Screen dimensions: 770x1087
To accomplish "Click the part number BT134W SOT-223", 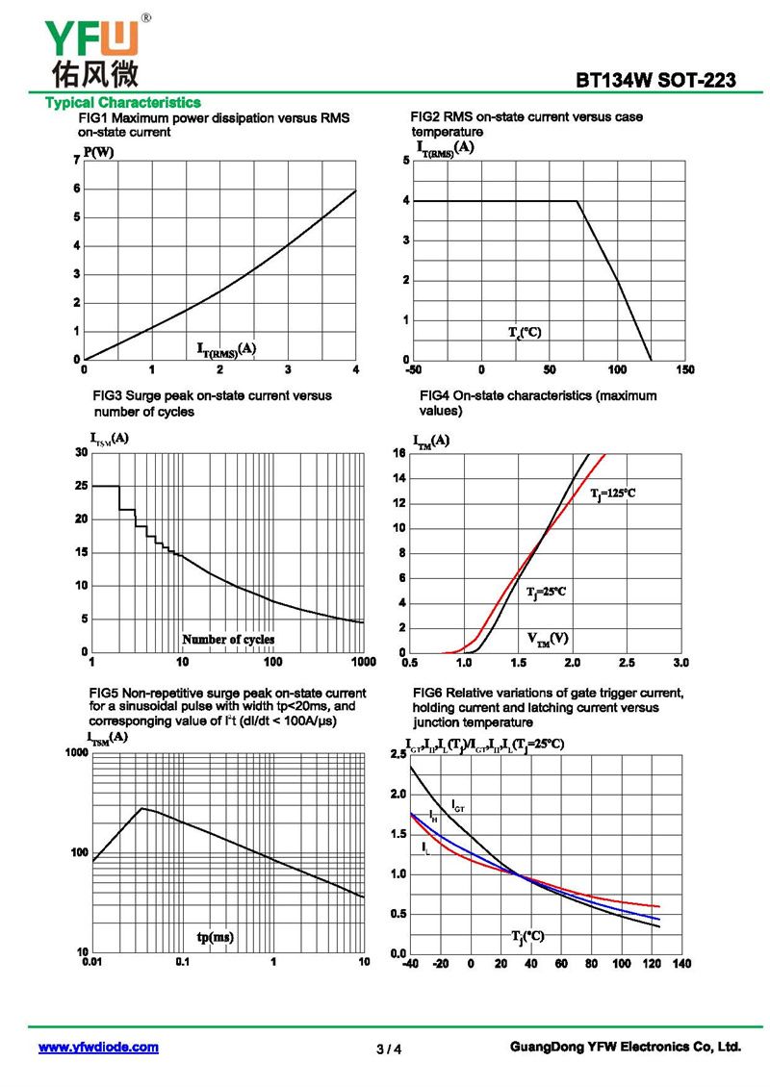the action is tap(655, 81).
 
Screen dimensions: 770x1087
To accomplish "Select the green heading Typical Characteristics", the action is tap(123, 103).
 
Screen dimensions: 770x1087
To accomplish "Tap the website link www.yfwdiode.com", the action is tap(98, 1047).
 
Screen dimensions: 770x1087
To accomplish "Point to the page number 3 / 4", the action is tap(389, 1049).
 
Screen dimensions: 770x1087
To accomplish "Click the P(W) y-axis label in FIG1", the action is tap(98, 153).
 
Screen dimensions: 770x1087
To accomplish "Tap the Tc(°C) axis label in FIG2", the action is tap(525, 333).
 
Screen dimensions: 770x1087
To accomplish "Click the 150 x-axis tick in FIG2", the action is tap(684, 369).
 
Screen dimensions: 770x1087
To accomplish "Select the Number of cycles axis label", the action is tap(228, 639).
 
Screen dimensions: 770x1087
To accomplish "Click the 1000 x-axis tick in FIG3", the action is tap(364, 662).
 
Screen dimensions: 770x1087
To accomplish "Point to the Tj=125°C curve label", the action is tap(612, 493).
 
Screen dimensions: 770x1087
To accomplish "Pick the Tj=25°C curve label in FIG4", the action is tap(546, 592).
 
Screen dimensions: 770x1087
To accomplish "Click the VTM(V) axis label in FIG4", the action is tap(548, 639).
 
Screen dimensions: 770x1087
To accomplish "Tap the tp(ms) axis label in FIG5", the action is tap(215, 937).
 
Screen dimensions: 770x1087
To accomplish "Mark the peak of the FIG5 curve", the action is tap(142, 808).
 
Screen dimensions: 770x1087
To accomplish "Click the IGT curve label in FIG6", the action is tap(458, 805).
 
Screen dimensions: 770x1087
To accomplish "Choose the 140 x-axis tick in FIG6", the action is tap(681, 963).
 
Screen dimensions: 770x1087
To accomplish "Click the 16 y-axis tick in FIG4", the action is tap(398, 453).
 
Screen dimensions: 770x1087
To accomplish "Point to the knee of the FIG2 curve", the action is tap(577, 201).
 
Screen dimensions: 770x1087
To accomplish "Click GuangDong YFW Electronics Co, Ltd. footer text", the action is tap(626, 1047).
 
